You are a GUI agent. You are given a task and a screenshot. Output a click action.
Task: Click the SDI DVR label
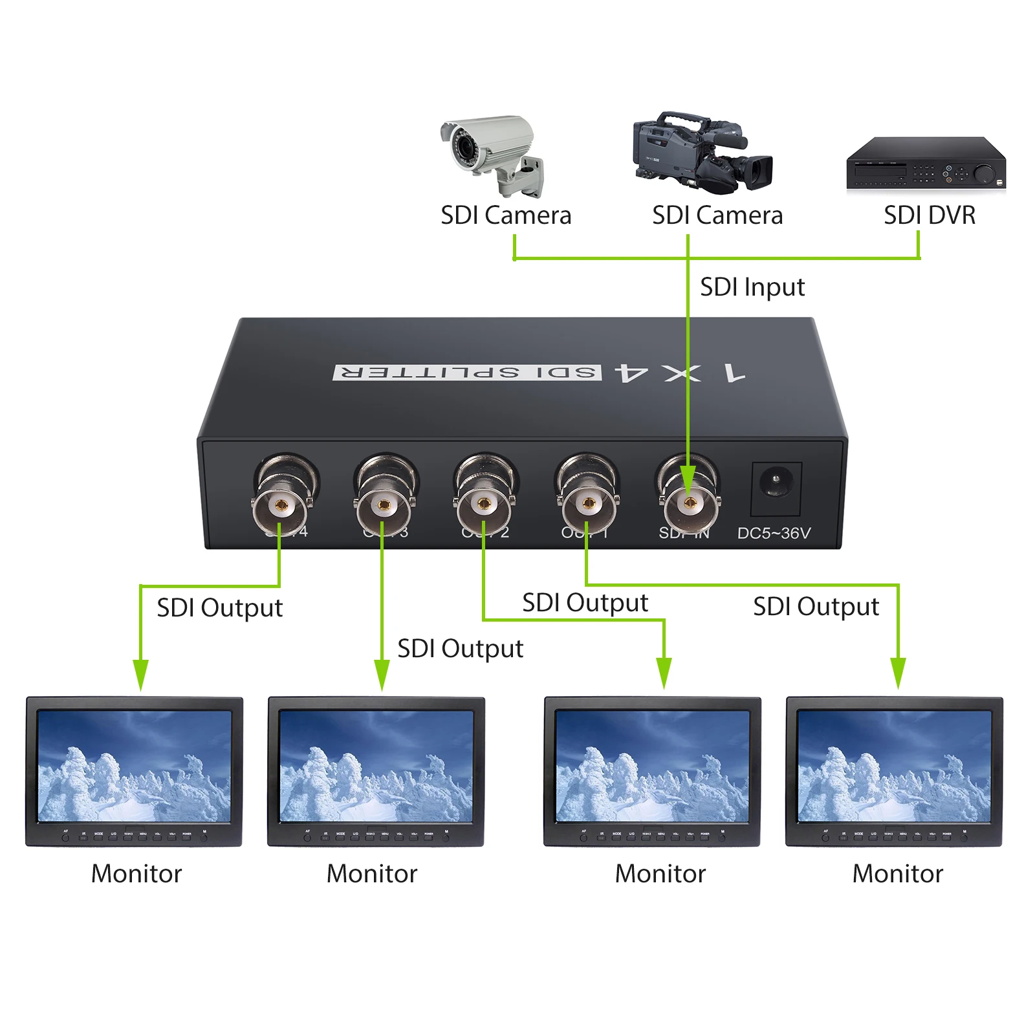(x=929, y=215)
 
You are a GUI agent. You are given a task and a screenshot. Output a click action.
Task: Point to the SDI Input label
(x=752, y=287)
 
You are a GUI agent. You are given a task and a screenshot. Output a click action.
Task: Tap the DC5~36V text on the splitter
(x=774, y=533)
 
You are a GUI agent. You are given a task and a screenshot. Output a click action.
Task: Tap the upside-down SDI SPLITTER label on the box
(x=467, y=373)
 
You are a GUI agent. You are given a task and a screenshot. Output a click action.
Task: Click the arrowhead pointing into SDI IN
(x=688, y=482)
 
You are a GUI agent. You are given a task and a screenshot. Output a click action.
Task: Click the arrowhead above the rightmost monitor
(x=898, y=673)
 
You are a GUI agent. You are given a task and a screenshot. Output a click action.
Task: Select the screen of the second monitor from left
(x=376, y=767)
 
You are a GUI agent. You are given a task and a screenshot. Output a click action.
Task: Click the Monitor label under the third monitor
(x=660, y=873)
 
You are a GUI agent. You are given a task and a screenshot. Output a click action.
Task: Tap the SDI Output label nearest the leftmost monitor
(x=219, y=608)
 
